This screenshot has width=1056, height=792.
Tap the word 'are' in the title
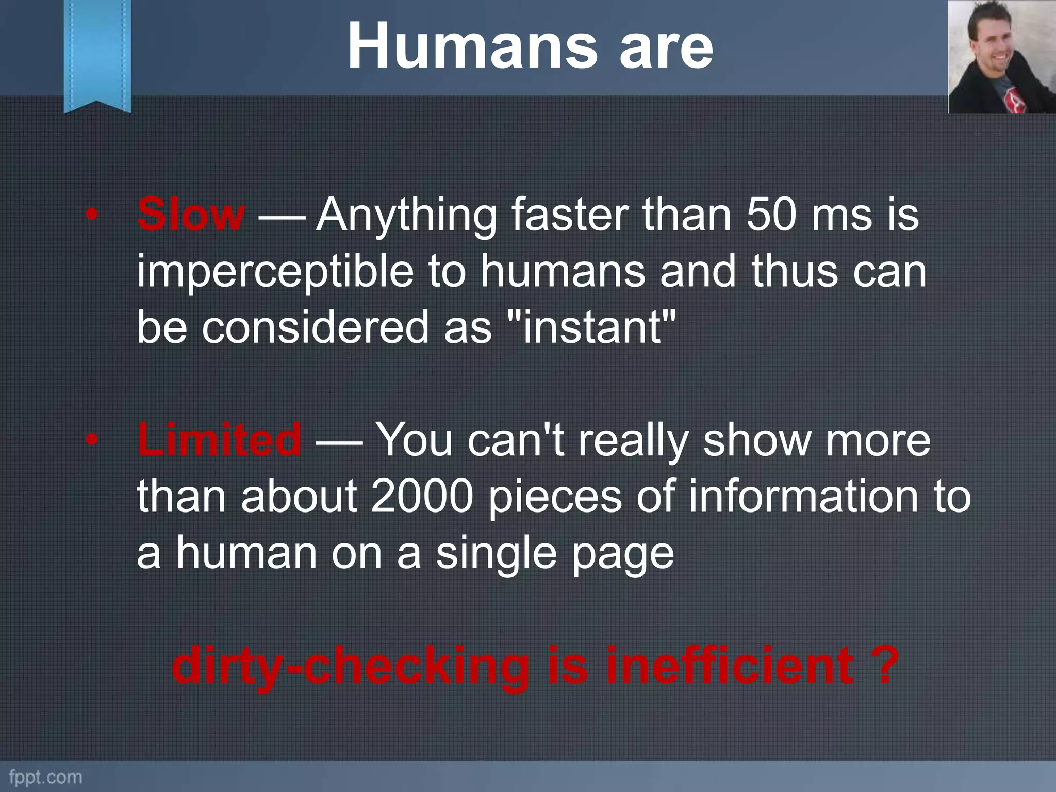pyautogui.click(x=666, y=47)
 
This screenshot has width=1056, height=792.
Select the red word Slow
pyautogui.click(x=191, y=214)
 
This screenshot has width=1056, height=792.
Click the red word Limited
pyautogui.click(x=220, y=439)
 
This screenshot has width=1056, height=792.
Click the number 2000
pyautogui.click(x=422, y=496)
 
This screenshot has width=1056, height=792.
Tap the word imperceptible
pyautogui.click(x=275, y=272)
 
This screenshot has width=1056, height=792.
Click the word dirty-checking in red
pyautogui.click(x=351, y=666)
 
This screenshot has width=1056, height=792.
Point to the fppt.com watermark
pyautogui.click(x=45, y=777)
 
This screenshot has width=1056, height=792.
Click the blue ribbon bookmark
pyautogui.click(x=97, y=54)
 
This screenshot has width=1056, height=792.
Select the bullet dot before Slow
pyautogui.click(x=91, y=215)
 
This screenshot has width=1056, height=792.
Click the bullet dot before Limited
pyautogui.click(x=91, y=440)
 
